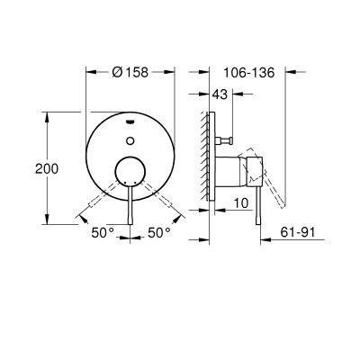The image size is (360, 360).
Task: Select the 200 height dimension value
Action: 31,167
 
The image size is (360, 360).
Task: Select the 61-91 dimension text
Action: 303,232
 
